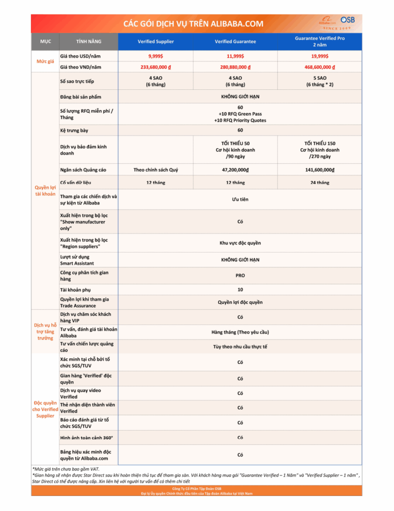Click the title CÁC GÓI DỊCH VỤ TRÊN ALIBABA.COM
(193, 24)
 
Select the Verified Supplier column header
(155, 41)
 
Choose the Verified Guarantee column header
(235, 41)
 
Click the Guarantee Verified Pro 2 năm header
(319, 41)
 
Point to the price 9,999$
(155, 56)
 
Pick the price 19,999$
(319, 56)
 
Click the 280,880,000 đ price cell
(235, 67)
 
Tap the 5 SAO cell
(319, 81)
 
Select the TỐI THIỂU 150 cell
(319, 150)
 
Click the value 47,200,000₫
(235, 170)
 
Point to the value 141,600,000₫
(319, 170)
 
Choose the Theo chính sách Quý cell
(155, 170)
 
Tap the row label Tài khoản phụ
(75, 290)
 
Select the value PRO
(240, 275)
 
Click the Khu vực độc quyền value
(240, 243)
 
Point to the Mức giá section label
(45, 61)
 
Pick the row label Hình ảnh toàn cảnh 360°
(86, 438)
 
